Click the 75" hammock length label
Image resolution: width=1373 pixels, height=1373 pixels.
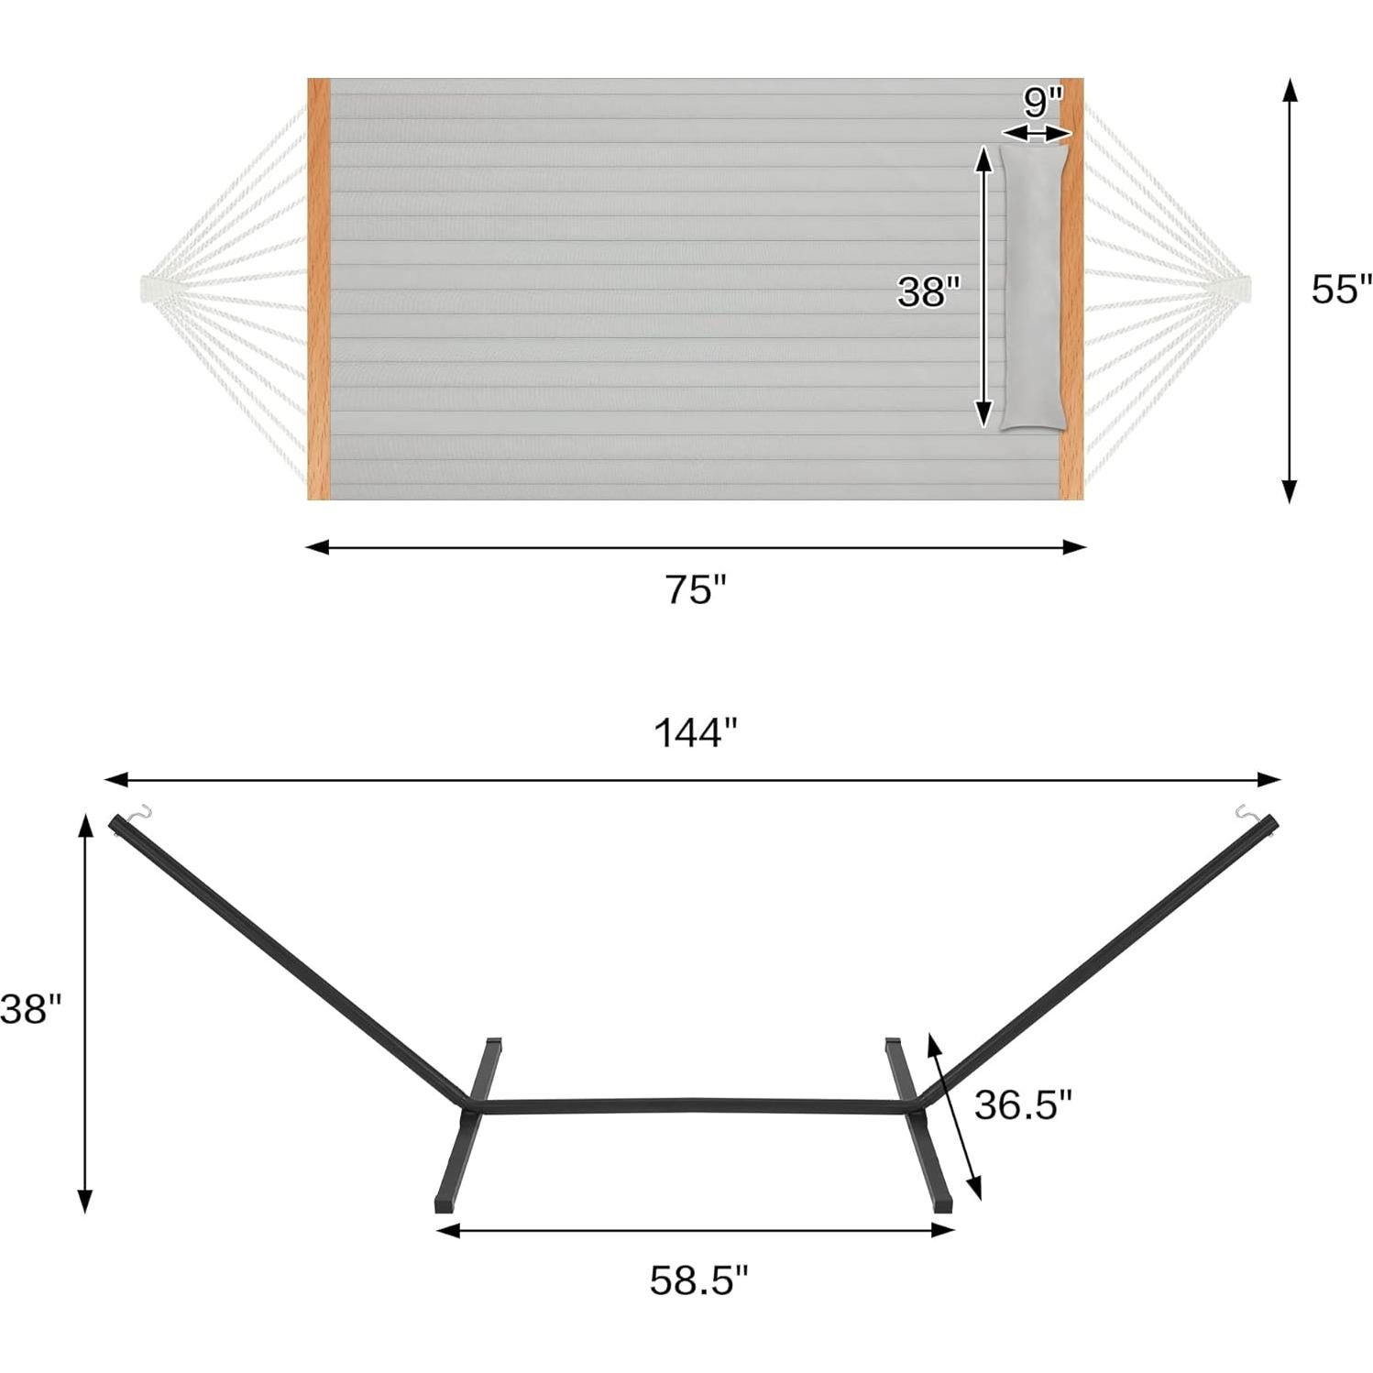(696, 589)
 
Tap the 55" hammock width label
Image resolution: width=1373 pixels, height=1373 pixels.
(1342, 289)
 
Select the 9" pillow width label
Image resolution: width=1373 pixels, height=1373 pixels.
(1042, 102)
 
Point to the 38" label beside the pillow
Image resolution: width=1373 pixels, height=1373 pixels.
(928, 291)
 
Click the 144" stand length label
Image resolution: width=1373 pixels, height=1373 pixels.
(696, 733)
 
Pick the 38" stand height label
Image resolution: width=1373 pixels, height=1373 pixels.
(30, 1009)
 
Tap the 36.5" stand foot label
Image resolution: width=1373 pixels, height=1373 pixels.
(1023, 1104)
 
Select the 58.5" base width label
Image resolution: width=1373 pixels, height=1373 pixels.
(698, 1280)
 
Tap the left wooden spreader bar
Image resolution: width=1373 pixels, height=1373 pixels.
(318, 289)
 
